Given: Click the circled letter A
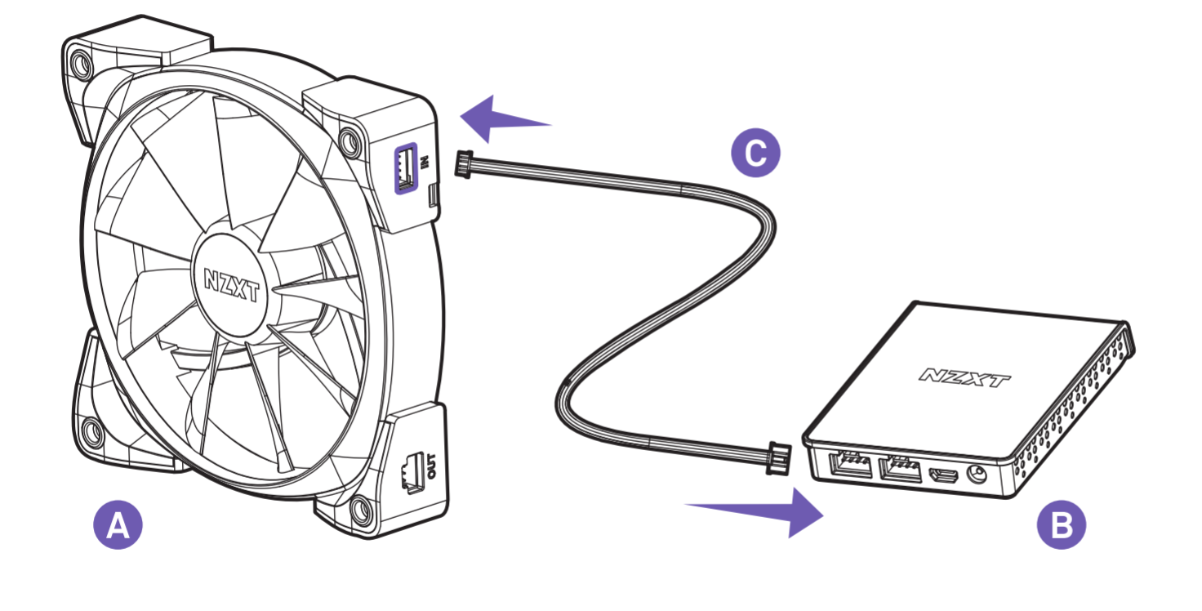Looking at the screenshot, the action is pos(118,524).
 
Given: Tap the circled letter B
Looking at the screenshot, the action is pos(1062,524).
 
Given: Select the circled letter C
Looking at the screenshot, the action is pos(755,153).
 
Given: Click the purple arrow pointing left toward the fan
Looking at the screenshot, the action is pos(505,119).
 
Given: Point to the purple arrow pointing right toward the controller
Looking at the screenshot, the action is pos(754,512).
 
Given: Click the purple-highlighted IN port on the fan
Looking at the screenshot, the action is pos(406,168).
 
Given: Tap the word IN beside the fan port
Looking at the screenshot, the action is pos(425,161).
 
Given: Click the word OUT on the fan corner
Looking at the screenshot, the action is pos(431,466).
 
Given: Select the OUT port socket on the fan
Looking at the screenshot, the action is pos(411,472).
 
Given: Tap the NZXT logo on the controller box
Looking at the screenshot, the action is pos(964,377).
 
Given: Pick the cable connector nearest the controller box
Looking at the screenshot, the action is pos(779,458).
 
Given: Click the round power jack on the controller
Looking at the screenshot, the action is pos(976,474).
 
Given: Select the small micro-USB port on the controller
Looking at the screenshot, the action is pos(944,475).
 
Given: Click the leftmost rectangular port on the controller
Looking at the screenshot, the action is pos(851,465).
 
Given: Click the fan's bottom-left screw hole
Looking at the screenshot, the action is pos(91,433).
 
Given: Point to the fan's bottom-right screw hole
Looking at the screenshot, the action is pos(360,509).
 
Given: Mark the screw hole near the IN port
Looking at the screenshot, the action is pos(350,141).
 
